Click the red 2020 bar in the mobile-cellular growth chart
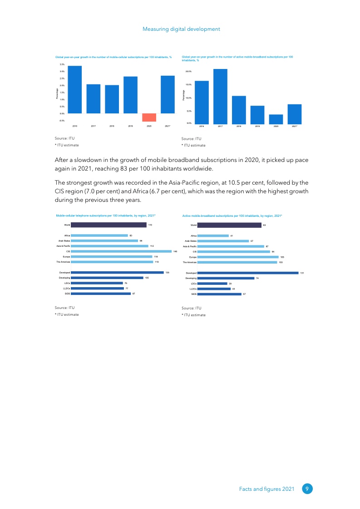pos(149,117)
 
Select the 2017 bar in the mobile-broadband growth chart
pos(220,96)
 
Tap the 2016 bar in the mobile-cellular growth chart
pos(75,90)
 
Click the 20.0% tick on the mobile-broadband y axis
pos(188,72)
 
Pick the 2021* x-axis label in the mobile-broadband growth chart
pos(294,127)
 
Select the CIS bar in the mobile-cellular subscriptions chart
pos(121,251)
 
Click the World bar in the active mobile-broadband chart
pos(229,225)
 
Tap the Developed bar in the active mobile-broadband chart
pos(248,273)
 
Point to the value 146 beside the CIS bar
pos(175,251)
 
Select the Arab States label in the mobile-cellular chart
pos(64,240)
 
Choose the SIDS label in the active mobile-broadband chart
pos(193,294)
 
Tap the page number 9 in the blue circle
pos(307,489)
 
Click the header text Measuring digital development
pos(181,29)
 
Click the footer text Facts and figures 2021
pos(267,489)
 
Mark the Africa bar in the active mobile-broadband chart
pos(213,235)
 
